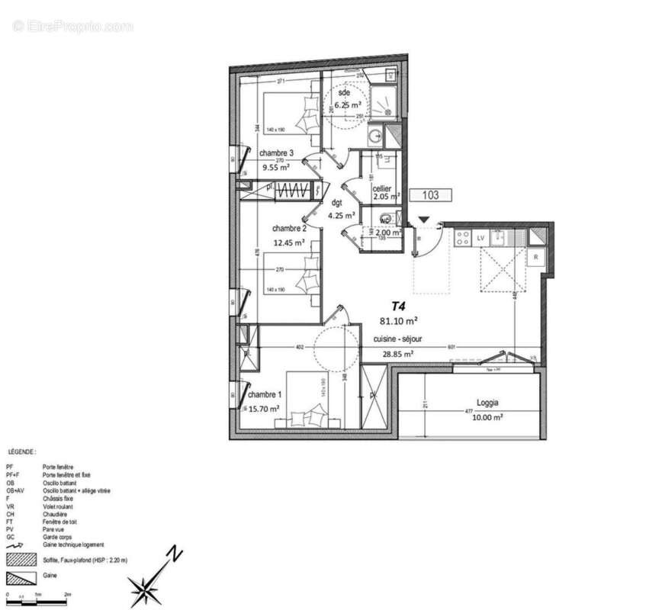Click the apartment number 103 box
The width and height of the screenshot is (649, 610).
[x=430, y=195]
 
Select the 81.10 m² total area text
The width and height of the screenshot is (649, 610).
[x=398, y=321]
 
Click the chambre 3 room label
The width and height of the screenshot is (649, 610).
[x=276, y=153]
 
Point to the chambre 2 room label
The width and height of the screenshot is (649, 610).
[x=289, y=228]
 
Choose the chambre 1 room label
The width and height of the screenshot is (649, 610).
[x=264, y=394]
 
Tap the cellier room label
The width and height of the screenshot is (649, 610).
[x=382, y=188]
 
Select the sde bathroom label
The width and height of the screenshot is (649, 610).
[x=345, y=93]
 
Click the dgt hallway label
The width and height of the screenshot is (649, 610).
[x=336, y=203]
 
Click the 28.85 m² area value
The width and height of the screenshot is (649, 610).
[x=397, y=354]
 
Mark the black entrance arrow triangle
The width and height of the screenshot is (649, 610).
[x=423, y=220]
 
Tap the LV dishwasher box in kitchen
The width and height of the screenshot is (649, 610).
[x=480, y=238]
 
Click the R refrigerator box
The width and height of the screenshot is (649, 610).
[x=537, y=256]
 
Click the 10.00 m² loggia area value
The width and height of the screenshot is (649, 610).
[x=487, y=417]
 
